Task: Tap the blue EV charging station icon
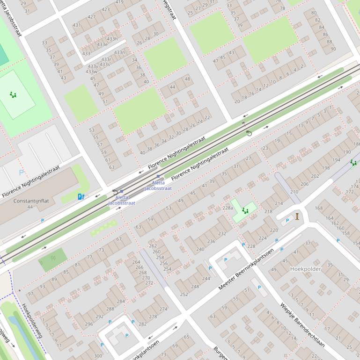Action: click(81, 197)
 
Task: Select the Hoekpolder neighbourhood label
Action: click(306, 269)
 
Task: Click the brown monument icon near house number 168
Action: click(297, 216)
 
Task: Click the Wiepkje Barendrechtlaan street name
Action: click(302, 325)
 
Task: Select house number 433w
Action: click(92, 72)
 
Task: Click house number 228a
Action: click(228, 208)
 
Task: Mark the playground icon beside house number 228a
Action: click(244, 211)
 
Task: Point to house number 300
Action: click(97, 356)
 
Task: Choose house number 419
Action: click(119, 2)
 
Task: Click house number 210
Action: click(294, 192)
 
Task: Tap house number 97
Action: click(31, 294)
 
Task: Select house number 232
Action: click(222, 233)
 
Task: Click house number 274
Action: click(163, 309)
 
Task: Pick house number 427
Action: click(91, 17)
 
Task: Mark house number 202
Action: click(315, 176)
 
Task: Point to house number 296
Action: click(89, 324)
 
